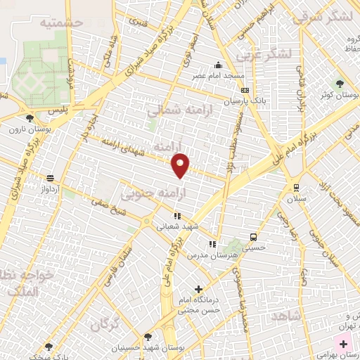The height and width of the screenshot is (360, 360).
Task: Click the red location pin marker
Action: coord(181,165)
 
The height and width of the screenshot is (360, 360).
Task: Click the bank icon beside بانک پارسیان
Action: coord(245,91)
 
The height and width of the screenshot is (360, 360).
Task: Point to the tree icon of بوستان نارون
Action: coord(30,118)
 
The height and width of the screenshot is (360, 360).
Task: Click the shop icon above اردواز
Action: coord(50,178)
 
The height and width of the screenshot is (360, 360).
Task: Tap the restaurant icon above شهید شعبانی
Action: coord(178,215)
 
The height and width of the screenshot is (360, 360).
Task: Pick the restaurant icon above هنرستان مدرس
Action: coord(212,244)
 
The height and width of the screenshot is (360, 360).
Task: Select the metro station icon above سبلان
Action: coord(296,187)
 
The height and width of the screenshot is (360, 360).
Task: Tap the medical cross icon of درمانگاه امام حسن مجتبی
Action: coord(199,288)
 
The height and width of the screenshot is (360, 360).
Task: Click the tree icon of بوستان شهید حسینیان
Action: coord(147,337)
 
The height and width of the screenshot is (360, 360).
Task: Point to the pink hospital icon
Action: coord(343,344)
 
